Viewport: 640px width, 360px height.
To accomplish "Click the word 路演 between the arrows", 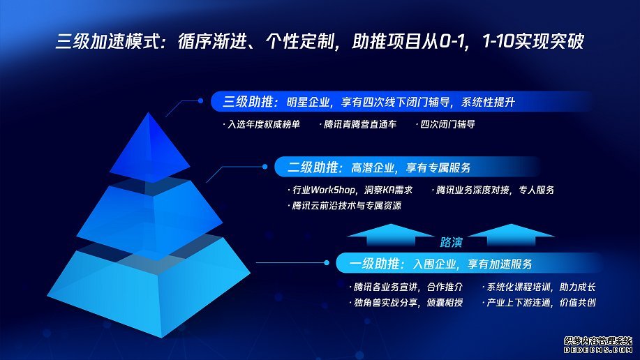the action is [451, 243].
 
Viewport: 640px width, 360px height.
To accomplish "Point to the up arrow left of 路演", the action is [391, 234].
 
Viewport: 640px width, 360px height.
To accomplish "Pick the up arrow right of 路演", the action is [511, 234].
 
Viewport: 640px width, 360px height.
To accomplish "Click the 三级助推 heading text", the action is [248, 102].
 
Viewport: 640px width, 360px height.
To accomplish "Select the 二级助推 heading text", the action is [313, 167].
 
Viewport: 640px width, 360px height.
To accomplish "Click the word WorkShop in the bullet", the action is [333, 190].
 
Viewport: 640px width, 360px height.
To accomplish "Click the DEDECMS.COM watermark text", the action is [598, 350].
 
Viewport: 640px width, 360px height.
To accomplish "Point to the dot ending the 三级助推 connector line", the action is [200, 100].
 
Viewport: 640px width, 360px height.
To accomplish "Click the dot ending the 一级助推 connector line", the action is [326, 263].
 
